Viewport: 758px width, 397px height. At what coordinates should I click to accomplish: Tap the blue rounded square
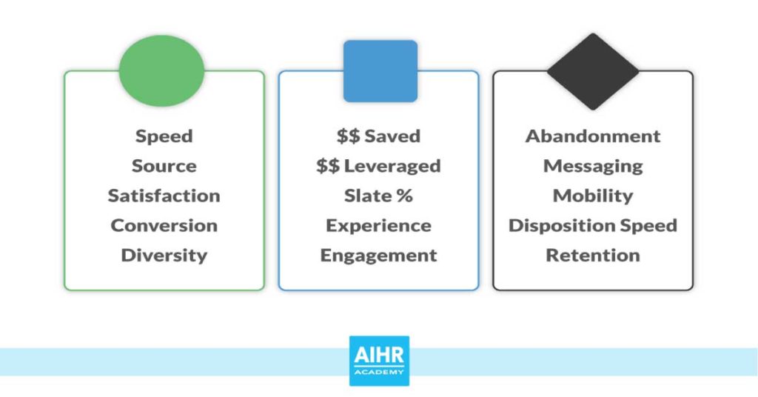[x=380, y=71]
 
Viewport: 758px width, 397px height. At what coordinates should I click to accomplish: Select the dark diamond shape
[x=593, y=71]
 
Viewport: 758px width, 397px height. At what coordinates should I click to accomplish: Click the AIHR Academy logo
[x=379, y=361]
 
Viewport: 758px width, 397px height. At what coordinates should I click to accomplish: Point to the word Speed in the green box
[x=164, y=136]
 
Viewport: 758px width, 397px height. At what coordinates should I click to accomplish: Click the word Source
[x=164, y=166]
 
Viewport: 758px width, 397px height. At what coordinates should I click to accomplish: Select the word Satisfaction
[x=164, y=196]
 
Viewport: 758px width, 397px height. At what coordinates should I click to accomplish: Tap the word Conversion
[x=164, y=225]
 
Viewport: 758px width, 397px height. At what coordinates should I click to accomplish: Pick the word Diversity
[x=164, y=255]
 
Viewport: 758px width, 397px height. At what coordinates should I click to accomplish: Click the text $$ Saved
[x=378, y=136]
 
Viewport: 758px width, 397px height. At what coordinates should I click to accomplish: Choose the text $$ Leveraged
[x=378, y=166]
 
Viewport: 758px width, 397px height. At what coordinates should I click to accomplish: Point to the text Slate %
[x=378, y=196]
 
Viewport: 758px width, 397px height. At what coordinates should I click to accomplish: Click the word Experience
[x=378, y=225]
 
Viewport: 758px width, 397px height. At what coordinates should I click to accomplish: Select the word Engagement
[x=378, y=255]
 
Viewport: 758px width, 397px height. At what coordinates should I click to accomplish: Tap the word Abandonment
[x=593, y=136]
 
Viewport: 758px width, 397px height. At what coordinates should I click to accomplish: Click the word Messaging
[x=593, y=166]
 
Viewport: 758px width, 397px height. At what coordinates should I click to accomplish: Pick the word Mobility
[x=593, y=196]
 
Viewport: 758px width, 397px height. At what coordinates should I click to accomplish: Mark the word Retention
[x=593, y=255]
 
